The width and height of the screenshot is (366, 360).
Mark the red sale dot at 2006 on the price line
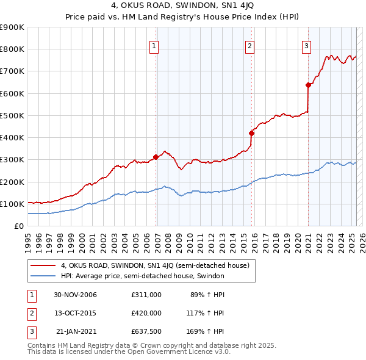[156, 157]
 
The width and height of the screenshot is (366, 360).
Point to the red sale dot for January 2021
[309, 85]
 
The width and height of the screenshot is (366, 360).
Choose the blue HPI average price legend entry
[143, 276]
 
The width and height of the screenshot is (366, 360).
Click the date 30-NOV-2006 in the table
[76, 295]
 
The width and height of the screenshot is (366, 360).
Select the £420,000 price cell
[146, 313]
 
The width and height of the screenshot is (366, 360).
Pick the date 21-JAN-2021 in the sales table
[76, 331]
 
